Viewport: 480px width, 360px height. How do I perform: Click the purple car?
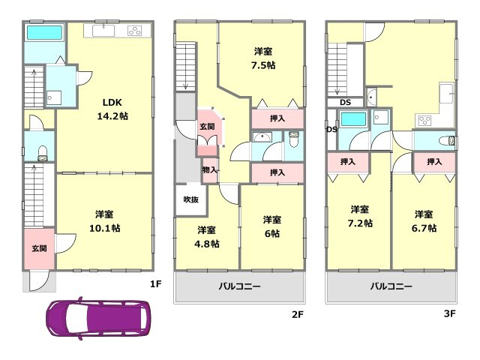click(x=98, y=319)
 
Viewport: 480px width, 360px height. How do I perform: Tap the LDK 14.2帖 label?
click(x=112, y=109)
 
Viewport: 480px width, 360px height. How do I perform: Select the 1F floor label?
click(x=155, y=284)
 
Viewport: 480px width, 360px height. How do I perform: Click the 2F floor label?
click(x=297, y=314)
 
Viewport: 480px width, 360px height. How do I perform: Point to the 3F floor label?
click(x=450, y=313)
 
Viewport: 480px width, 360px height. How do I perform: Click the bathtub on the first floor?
click(x=45, y=33)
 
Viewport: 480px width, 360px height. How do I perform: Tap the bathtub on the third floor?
click(x=353, y=119)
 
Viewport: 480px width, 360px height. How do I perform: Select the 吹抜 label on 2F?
click(x=191, y=199)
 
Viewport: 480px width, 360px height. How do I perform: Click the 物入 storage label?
click(x=210, y=169)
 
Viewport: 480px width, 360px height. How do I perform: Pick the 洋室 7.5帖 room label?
click(x=263, y=58)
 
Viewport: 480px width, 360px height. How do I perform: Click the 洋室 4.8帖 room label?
click(x=207, y=237)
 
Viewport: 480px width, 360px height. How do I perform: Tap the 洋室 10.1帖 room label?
click(x=105, y=221)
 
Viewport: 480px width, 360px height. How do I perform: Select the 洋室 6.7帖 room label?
click(x=424, y=221)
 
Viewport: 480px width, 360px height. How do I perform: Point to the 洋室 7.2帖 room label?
click(x=360, y=216)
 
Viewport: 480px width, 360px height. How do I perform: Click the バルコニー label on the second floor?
click(x=240, y=286)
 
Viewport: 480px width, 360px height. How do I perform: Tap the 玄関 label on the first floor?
click(x=40, y=248)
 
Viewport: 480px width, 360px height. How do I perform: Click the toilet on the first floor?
click(x=43, y=153)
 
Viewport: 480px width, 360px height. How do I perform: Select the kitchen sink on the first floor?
click(x=103, y=31)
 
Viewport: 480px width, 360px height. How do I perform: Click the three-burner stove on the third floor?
click(x=424, y=120)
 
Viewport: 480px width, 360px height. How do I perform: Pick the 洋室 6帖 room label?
click(x=271, y=226)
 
